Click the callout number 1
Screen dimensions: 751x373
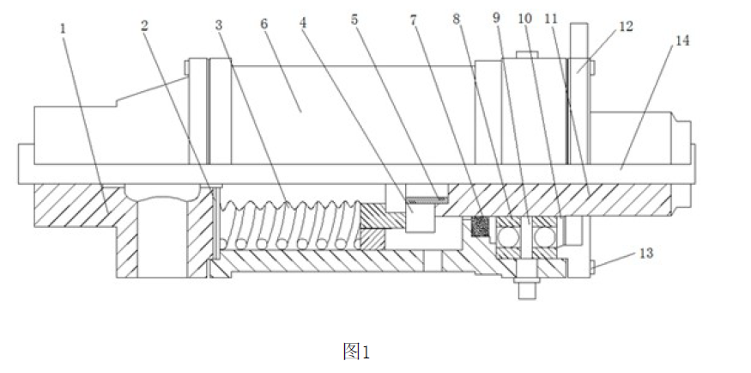click(x=63, y=28)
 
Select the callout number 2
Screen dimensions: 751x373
click(x=145, y=26)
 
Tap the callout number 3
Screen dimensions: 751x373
click(x=219, y=26)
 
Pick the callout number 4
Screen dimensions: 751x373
click(x=303, y=23)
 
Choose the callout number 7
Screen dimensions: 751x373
click(x=414, y=20)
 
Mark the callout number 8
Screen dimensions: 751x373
click(x=456, y=19)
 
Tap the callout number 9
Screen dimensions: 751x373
click(x=496, y=18)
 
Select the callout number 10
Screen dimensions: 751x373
click(x=525, y=19)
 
